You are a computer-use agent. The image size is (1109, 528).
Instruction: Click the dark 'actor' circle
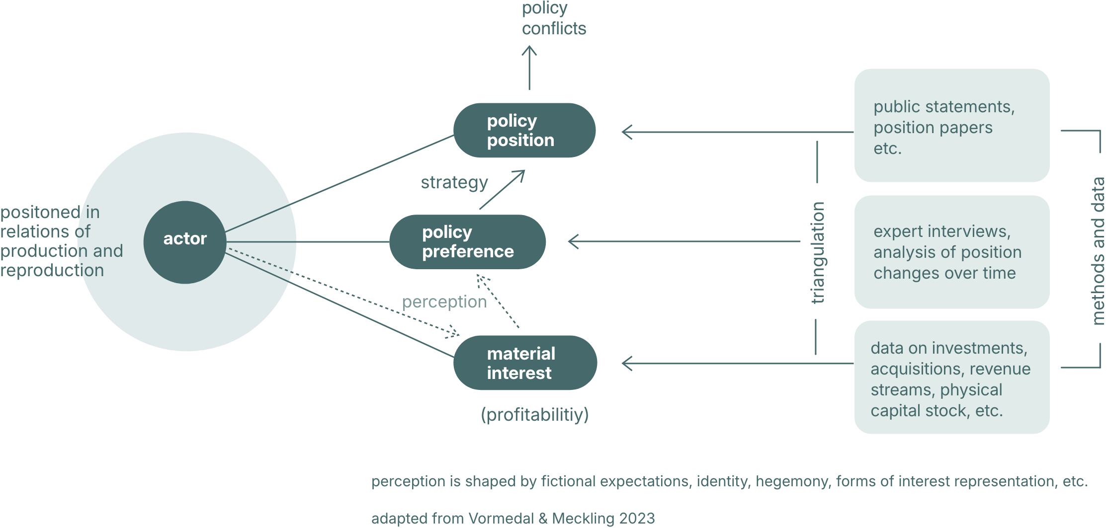tap(185, 242)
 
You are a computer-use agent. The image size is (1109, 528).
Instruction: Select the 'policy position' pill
tap(524, 130)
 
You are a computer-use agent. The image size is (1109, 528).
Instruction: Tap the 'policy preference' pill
tap(467, 242)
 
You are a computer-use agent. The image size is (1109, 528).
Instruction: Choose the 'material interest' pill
tap(525, 363)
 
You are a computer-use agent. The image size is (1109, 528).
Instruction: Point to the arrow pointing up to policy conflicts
tap(529, 67)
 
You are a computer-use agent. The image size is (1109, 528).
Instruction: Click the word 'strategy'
tap(454, 183)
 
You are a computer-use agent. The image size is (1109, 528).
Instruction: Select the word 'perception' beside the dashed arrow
tap(444, 302)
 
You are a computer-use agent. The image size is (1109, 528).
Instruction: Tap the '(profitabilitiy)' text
tap(534, 414)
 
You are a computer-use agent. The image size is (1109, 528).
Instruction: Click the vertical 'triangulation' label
tap(818, 252)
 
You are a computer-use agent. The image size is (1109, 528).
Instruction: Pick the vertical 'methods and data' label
tap(1098, 251)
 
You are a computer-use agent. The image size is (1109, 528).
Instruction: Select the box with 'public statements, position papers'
tap(951, 126)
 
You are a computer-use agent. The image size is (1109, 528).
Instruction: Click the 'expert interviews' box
tap(951, 252)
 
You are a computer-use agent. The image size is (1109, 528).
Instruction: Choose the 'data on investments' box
tap(951, 377)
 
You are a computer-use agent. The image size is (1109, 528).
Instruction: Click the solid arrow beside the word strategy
tap(502, 190)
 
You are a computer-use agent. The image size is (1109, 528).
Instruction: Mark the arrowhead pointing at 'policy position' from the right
tap(627, 132)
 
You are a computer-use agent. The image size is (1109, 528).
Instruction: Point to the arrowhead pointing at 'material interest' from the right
tap(627, 364)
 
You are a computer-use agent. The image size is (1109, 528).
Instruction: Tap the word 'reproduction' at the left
tap(52, 271)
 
